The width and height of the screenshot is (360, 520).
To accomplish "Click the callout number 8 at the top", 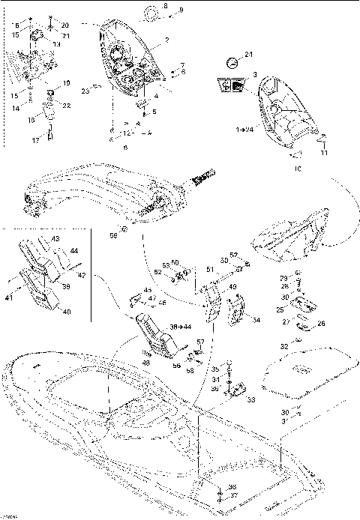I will (x=166, y=6).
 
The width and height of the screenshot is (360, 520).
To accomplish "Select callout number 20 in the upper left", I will (x=64, y=25).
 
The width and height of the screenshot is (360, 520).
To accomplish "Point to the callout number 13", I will (x=56, y=44).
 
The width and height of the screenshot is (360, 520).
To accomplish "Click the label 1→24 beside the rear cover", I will (x=244, y=130).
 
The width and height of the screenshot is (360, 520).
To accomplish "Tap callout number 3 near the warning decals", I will (x=254, y=75).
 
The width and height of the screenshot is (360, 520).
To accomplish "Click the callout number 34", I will (x=256, y=321).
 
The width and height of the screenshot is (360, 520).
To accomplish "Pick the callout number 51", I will (x=210, y=270).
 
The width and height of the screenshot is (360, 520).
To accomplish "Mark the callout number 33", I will (x=250, y=399).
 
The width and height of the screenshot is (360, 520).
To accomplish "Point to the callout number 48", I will (x=144, y=363).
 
